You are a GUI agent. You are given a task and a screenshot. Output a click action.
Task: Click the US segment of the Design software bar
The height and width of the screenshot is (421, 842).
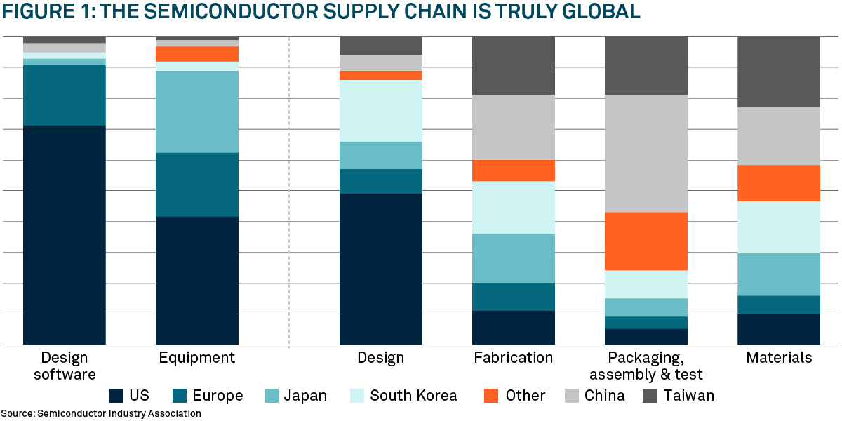[x=65, y=235]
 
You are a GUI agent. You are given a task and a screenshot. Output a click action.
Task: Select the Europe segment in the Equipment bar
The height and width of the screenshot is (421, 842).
[x=197, y=185]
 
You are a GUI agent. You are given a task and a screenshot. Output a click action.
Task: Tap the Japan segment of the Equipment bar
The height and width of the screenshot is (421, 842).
[x=197, y=112]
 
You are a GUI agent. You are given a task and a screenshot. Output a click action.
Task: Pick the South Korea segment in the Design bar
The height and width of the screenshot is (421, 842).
[x=381, y=111]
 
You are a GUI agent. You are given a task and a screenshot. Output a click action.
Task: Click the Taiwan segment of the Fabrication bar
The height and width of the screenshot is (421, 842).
[x=514, y=66]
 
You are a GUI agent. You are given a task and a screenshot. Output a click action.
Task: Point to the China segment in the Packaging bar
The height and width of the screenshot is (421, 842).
[x=646, y=154]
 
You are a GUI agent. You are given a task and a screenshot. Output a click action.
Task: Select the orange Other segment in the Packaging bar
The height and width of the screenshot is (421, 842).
[x=646, y=241]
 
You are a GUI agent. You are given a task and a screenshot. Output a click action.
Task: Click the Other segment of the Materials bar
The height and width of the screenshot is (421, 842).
[x=779, y=183]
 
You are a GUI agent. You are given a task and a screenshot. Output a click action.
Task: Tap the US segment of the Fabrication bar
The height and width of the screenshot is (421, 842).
[x=514, y=328]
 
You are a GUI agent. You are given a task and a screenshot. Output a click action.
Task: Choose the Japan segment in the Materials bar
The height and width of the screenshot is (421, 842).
[x=779, y=274]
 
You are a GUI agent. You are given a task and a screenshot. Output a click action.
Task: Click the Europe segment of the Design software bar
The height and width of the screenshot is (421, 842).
[x=65, y=95]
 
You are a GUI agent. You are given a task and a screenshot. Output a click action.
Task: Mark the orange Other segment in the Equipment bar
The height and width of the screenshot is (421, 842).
[x=197, y=54]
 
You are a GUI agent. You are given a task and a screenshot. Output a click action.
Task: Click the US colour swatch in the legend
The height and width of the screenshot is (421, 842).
[x=116, y=396]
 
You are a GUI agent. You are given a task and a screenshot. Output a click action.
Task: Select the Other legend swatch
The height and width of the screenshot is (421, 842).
[x=492, y=396]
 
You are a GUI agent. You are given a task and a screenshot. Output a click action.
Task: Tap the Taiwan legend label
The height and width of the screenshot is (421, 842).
[x=690, y=396]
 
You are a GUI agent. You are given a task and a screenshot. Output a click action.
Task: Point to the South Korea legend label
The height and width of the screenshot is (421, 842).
[x=413, y=396]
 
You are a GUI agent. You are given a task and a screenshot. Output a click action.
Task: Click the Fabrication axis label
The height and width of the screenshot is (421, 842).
[x=514, y=358]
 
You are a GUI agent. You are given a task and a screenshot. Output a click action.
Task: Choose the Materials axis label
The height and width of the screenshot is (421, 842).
[x=779, y=358]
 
